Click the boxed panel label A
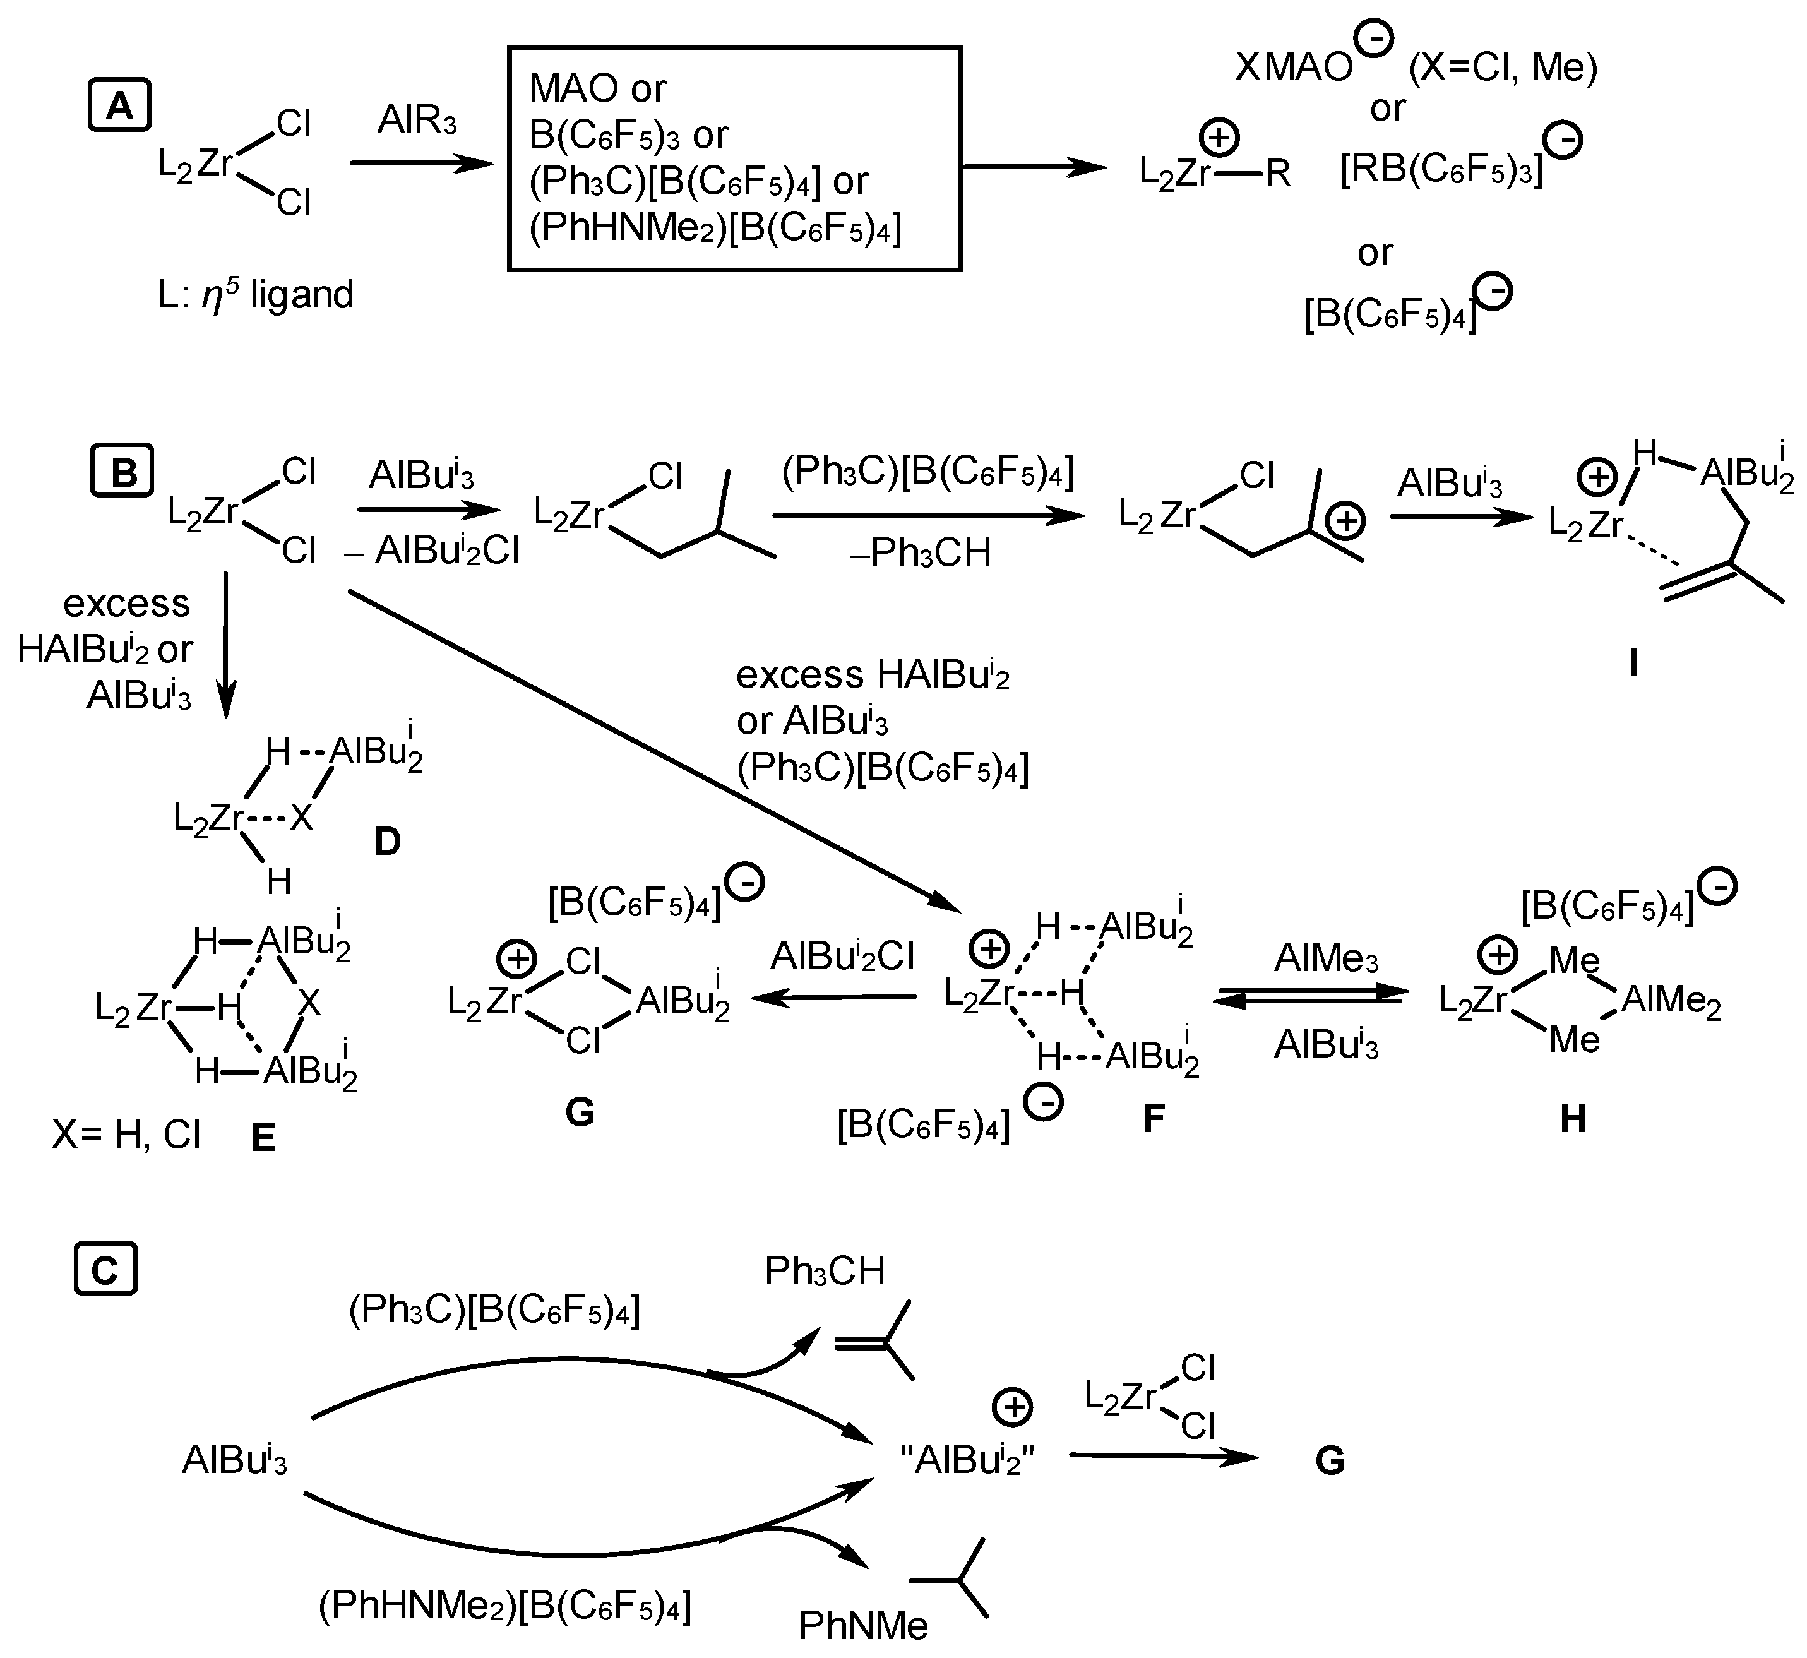tap(119, 107)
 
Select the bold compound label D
tap(386, 842)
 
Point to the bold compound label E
tap(263, 1138)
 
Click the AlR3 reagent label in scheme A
tap(417, 119)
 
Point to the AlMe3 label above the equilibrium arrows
tap(1326, 959)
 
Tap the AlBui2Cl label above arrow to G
tap(842, 957)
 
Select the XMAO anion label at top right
tap(1293, 68)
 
